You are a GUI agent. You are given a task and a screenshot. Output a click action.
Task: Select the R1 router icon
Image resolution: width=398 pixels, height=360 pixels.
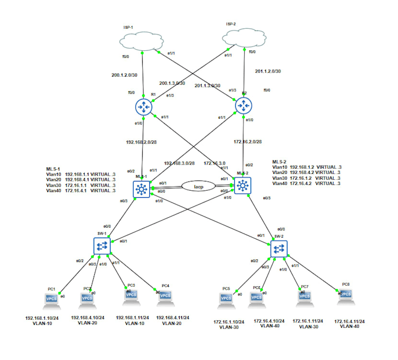click(x=143, y=107)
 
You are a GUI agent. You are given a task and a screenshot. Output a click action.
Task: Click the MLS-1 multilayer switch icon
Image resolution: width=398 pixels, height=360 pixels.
click(x=142, y=188)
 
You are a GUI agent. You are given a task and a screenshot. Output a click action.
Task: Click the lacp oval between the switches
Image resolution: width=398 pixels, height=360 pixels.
click(x=192, y=186)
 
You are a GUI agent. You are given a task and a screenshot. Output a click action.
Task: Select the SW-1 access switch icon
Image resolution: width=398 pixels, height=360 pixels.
click(x=102, y=245)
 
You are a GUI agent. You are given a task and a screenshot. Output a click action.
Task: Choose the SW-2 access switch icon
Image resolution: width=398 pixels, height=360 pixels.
click(x=279, y=249)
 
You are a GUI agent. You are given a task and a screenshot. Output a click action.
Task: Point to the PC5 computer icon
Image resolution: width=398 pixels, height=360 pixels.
click(x=225, y=299)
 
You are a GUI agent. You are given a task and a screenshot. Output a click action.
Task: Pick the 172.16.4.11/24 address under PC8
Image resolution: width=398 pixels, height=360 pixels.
click(x=349, y=321)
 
